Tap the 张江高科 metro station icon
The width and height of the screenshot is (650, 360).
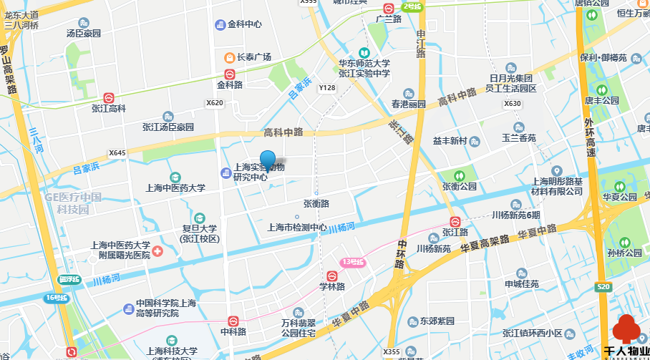109,97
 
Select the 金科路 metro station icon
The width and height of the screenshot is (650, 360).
230,74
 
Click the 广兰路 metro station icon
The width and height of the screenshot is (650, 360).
388,9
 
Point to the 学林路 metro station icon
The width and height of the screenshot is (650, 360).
332,276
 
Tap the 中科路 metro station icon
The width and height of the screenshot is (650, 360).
233,321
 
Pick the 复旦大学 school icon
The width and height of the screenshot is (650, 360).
198,218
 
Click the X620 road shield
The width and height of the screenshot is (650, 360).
215,103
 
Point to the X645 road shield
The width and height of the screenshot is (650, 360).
117,153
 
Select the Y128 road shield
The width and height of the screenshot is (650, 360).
326,88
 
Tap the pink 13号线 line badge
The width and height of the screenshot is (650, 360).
352,263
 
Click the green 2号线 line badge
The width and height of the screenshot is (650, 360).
412,6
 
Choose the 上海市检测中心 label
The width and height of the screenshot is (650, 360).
297,228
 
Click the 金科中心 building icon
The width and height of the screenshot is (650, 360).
220,24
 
